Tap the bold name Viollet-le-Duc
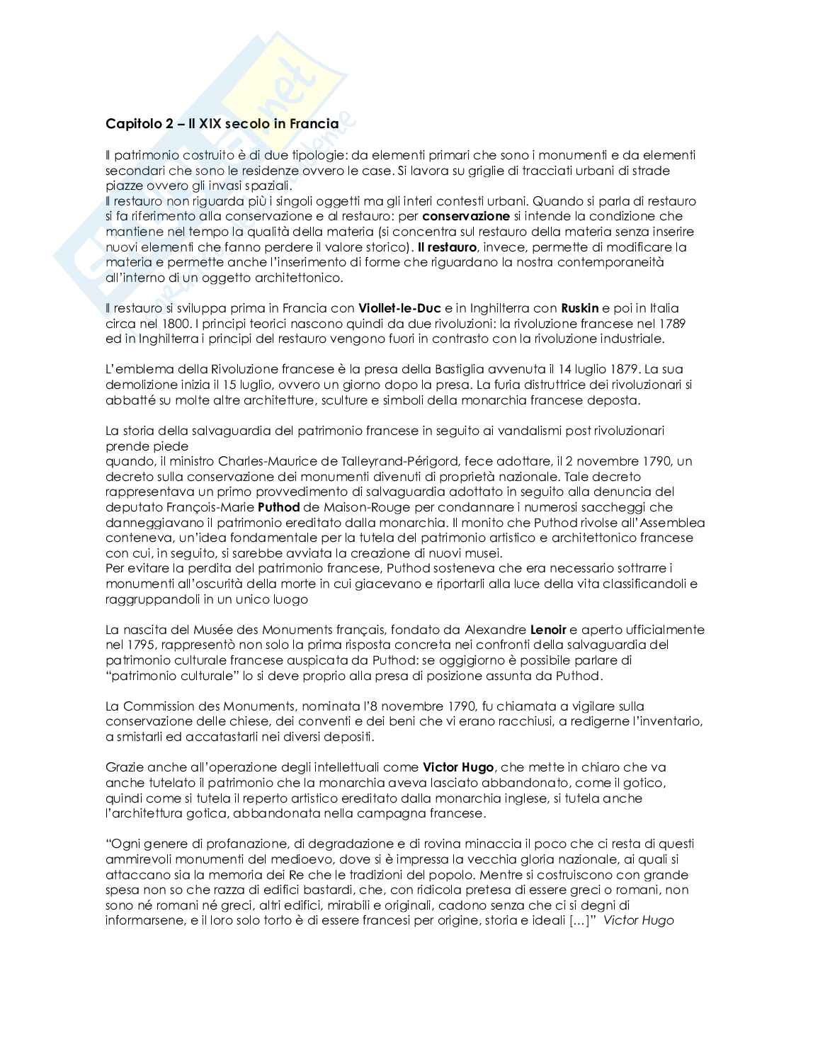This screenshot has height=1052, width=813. pyautogui.click(x=400, y=308)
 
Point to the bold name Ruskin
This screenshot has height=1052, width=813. pyautogui.click(x=579, y=308)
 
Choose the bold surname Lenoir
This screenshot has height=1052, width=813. pyautogui.click(x=549, y=630)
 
